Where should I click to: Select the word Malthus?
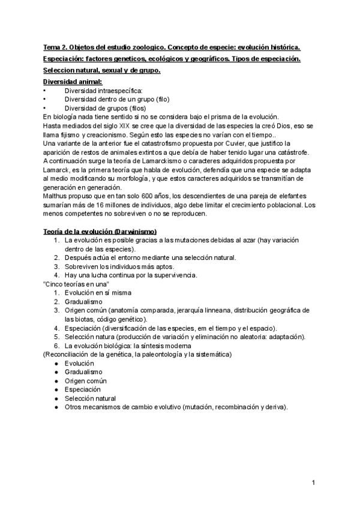tap(56, 196)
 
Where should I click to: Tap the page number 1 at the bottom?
tap(313, 483)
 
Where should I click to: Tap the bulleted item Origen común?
tap(86, 381)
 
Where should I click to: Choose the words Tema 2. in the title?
tap(55, 47)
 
